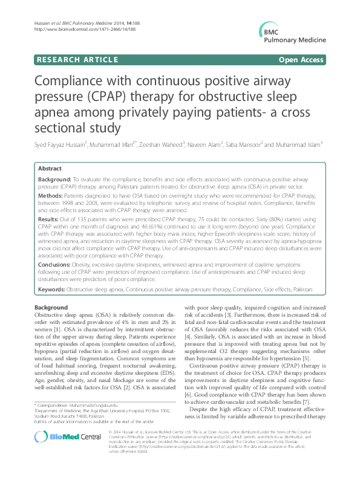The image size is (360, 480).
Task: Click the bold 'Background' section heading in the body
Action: click(x=51, y=307)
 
